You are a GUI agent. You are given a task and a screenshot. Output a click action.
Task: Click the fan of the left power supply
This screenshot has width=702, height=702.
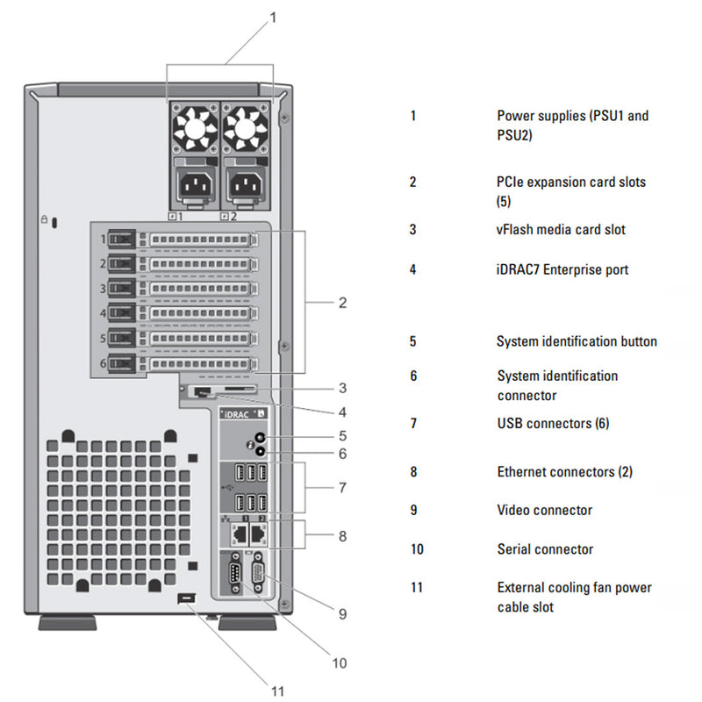(x=194, y=129)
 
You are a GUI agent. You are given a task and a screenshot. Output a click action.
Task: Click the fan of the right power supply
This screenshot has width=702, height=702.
(x=245, y=129)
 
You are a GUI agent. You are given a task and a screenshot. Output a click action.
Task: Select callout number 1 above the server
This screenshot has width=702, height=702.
(x=273, y=16)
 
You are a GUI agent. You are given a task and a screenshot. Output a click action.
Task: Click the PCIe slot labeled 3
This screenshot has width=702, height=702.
(x=200, y=288)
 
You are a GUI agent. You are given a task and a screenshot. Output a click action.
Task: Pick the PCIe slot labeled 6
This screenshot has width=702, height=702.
(x=200, y=362)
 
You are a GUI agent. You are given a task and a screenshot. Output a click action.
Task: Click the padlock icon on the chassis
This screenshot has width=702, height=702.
(x=45, y=220)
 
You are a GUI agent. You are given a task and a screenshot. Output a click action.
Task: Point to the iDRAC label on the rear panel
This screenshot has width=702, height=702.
(x=238, y=412)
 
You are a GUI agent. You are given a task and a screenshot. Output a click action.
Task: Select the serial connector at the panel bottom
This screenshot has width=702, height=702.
(x=235, y=577)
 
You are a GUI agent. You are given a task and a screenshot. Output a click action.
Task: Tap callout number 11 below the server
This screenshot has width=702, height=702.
(x=277, y=691)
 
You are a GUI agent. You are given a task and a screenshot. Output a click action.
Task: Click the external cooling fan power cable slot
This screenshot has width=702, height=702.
(x=184, y=598)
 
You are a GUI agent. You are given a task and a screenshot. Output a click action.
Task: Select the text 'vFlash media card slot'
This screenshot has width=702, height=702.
(x=561, y=230)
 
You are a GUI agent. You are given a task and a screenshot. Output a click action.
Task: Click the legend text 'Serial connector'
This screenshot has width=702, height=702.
(x=545, y=549)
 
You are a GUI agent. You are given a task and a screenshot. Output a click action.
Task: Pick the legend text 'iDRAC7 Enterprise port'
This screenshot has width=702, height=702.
(x=562, y=269)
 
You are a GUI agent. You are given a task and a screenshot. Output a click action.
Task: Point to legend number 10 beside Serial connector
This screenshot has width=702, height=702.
(x=416, y=549)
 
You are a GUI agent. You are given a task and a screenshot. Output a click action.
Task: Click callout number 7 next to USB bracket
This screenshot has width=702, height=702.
(x=342, y=486)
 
